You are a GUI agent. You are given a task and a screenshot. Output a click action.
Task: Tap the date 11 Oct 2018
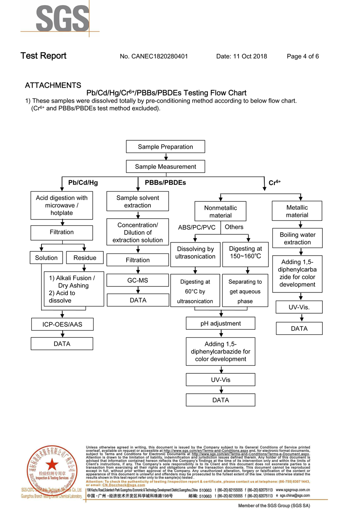click(x=250, y=56)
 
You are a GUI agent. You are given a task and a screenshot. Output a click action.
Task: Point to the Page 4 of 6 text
click(x=303, y=56)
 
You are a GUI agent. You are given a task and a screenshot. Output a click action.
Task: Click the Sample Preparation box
click(x=165, y=147)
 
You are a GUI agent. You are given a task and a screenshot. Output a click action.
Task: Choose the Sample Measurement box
click(x=165, y=167)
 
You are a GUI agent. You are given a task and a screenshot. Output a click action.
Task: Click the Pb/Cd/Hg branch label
click(x=83, y=183)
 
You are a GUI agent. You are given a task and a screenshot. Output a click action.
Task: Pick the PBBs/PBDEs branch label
click(x=165, y=183)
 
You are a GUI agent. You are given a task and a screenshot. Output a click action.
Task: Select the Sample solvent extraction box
click(x=138, y=201)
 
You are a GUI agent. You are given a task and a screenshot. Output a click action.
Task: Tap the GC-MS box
click(x=138, y=280)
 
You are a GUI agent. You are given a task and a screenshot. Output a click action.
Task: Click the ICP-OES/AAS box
click(x=62, y=325)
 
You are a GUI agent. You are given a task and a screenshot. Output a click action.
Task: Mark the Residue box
click(x=85, y=258)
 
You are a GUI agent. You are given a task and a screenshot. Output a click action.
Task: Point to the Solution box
click(x=46, y=258)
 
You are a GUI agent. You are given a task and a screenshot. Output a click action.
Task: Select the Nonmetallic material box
click(x=220, y=211)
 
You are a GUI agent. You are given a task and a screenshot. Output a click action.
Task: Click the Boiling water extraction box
click(x=297, y=239)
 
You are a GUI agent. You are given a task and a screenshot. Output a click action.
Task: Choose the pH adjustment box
click(x=220, y=323)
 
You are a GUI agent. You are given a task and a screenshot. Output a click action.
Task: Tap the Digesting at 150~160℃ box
click(x=245, y=253)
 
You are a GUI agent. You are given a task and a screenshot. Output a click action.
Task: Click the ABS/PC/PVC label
click(x=197, y=228)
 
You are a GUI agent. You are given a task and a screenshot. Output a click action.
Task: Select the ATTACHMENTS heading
click(x=53, y=86)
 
